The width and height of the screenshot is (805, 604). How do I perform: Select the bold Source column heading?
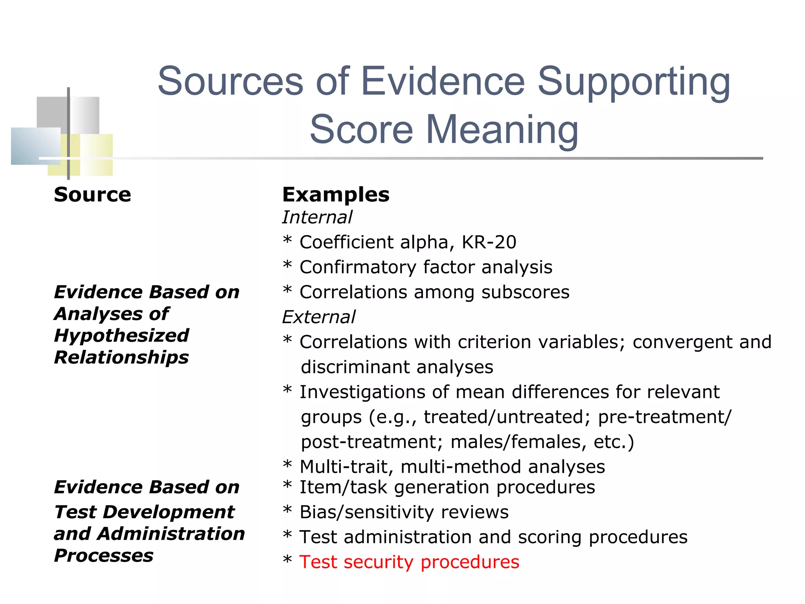coord(92,195)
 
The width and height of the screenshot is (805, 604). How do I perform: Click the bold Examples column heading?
coord(336,195)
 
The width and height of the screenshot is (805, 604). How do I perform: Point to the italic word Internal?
coord(317,217)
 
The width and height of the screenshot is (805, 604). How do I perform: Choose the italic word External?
coord(319,317)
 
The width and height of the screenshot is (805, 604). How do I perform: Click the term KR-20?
coord(489,242)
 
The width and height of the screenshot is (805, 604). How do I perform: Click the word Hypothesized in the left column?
coord(121,336)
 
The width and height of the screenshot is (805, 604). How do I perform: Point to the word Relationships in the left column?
coord(121,357)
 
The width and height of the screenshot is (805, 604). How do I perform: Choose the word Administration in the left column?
coord(171,534)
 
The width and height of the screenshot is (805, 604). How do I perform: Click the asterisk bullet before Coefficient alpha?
coord(287,241)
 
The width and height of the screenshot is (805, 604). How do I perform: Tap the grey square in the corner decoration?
coord(52,112)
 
